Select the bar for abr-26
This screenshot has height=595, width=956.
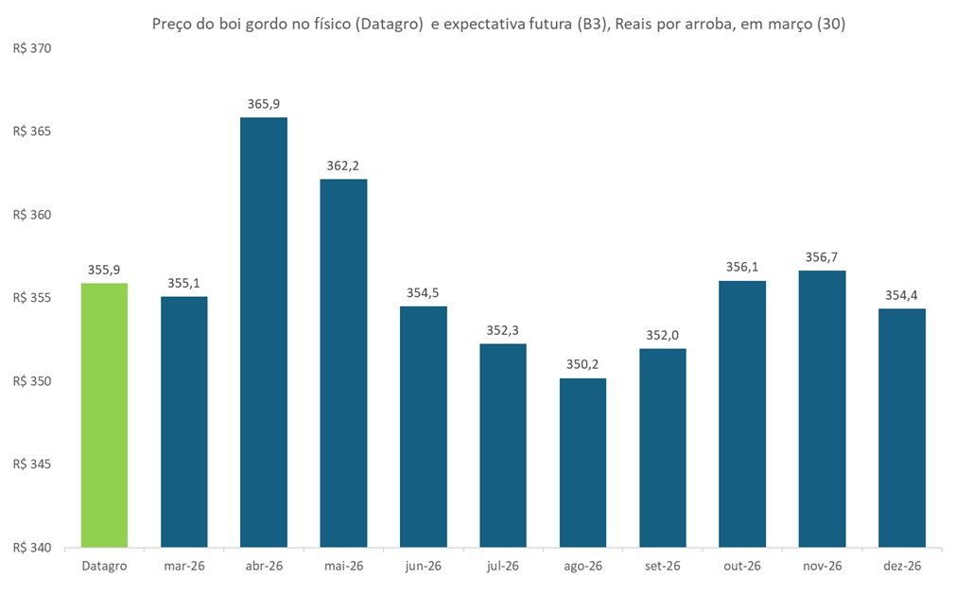coord(264,332)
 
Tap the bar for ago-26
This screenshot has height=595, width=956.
coord(582,463)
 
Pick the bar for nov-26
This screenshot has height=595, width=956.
coord(822,409)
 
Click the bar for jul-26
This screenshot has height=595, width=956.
coord(503,445)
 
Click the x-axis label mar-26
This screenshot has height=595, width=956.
coord(183,566)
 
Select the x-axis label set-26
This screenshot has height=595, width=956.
coord(662,566)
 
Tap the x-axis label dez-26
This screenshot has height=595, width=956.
coord(901,566)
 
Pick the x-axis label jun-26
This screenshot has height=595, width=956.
coord(423,566)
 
